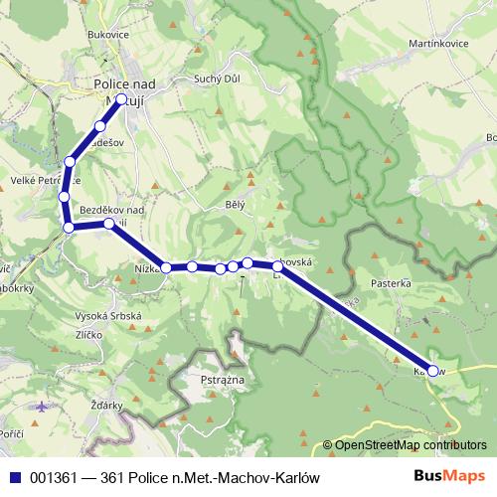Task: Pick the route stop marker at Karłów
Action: [x=432, y=370]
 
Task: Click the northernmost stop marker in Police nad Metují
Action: [x=121, y=99]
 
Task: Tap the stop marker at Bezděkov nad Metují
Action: [x=109, y=225]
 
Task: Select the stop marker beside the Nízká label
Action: [x=167, y=267]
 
